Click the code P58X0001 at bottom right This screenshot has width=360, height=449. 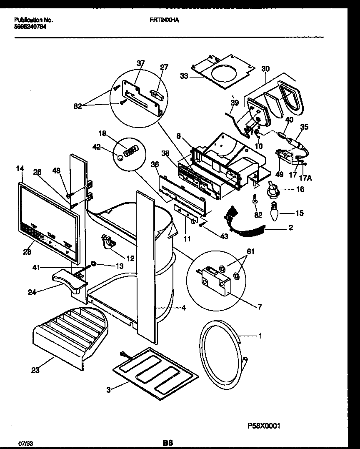pos(262,426)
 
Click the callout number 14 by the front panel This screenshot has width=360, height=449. pos(20,168)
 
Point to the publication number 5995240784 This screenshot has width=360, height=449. pos(30,26)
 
